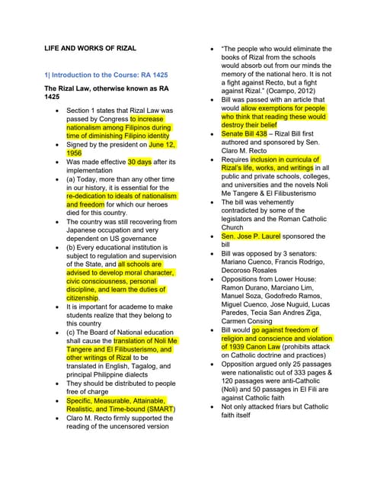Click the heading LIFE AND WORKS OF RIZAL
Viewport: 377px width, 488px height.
(x=91, y=48)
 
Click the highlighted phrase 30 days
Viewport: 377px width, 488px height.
(x=139, y=162)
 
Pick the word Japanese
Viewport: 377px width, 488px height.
(x=88, y=232)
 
